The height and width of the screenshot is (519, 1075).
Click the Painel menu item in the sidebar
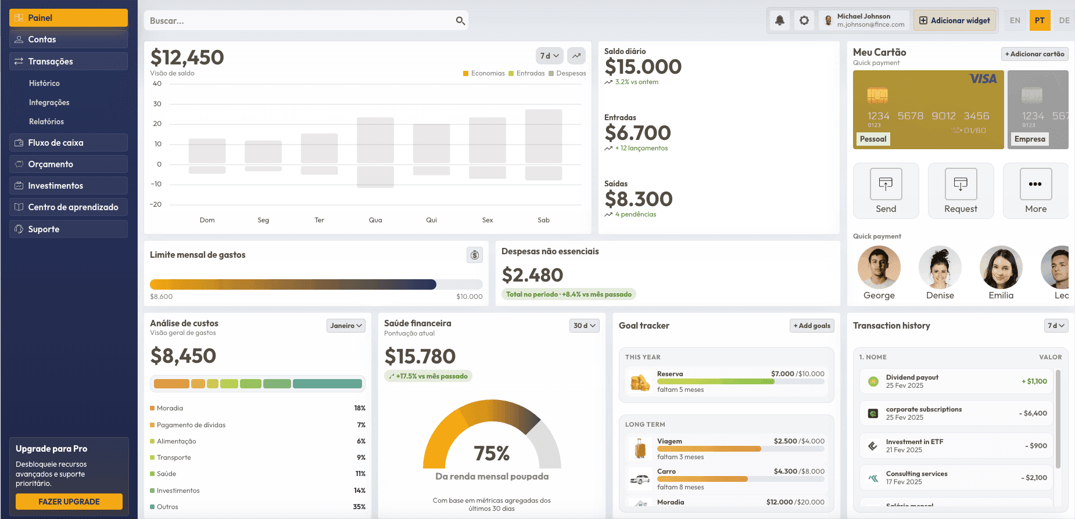[69, 18]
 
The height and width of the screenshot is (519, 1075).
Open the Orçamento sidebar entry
[69, 164]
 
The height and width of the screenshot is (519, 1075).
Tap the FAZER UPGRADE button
[69, 502]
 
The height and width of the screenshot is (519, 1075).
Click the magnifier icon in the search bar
[460, 21]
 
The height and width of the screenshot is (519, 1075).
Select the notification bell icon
[780, 20]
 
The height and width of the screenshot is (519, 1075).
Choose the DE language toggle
[1064, 20]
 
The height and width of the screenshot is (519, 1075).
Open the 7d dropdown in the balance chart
[549, 56]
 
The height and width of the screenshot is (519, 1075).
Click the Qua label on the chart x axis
[375, 220]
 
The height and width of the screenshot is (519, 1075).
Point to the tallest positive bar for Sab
[543, 136]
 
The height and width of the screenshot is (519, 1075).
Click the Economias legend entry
[484, 73]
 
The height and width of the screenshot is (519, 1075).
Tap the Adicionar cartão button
[1034, 54]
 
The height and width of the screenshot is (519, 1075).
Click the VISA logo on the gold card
[983, 79]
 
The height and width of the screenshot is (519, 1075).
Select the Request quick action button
[961, 191]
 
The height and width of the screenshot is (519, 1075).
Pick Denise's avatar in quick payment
[940, 267]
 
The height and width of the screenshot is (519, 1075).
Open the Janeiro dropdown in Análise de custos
[346, 326]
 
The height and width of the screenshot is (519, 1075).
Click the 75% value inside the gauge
[492, 453]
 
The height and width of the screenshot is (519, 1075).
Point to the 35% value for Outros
[359, 507]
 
